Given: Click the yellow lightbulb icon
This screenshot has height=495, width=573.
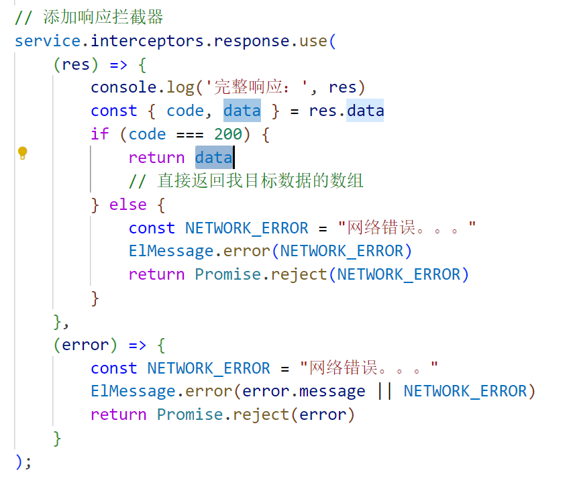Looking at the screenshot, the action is click(22, 153).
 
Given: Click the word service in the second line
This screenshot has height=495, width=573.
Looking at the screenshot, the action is click(48, 41).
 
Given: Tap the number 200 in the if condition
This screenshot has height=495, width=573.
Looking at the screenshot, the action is click(228, 134).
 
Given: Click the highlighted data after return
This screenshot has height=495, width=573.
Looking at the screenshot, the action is click(213, 158).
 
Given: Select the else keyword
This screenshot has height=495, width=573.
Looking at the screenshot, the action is click(127, 204).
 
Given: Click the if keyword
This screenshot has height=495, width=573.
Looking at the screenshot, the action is click(99, 134).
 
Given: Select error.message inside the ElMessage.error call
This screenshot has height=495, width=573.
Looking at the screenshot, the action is click(303, 391).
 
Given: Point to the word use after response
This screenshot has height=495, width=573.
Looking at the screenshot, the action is click(313, 41).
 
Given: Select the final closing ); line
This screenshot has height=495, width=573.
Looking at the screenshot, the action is click(23, 461).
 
